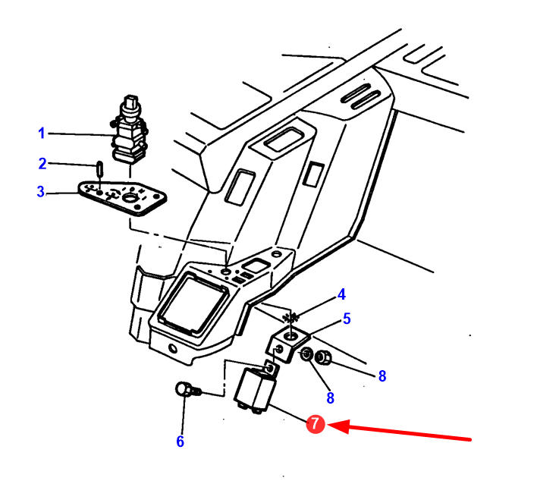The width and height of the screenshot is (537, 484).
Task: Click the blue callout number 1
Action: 42,134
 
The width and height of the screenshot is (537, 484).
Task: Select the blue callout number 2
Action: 42,163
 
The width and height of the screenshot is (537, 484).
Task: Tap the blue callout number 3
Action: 41,192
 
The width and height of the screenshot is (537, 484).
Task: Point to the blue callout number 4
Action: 342,294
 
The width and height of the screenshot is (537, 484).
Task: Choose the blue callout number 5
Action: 347,319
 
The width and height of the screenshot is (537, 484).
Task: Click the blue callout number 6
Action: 180,442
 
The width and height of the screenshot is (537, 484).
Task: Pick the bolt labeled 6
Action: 187,391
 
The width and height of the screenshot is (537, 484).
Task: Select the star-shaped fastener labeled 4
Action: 287,316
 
